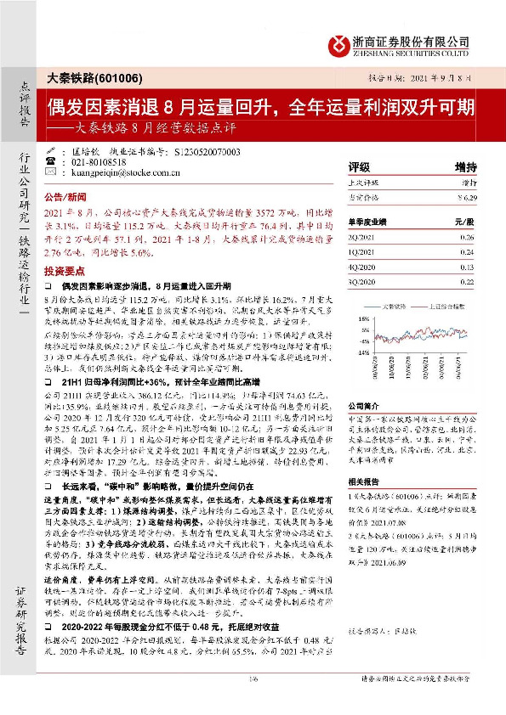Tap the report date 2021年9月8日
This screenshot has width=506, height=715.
tap(443, 78)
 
